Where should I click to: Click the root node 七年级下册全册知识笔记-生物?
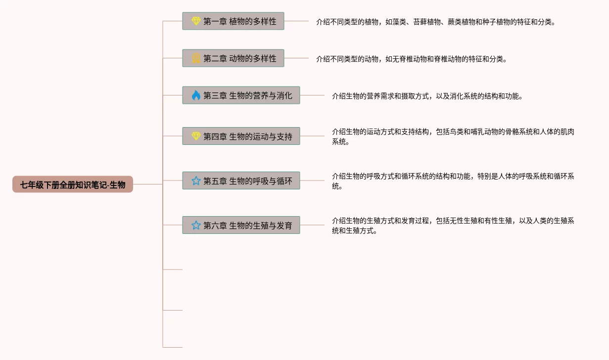click(73, 184)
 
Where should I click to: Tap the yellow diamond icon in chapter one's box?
click(196, 21)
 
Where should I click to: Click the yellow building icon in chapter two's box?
click(196, 58)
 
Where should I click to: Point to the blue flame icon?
click(196, 95)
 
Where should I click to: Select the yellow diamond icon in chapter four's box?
click(196, 136)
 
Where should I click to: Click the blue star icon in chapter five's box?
click(196, 180)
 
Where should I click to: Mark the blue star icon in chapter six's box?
click(196, 225)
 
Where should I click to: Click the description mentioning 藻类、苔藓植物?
click(435, 22)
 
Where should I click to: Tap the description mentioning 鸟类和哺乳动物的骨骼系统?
click(453, 136)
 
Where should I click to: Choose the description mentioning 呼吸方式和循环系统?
click(453, 181)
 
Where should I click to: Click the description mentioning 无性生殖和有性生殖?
click(453, 225)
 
